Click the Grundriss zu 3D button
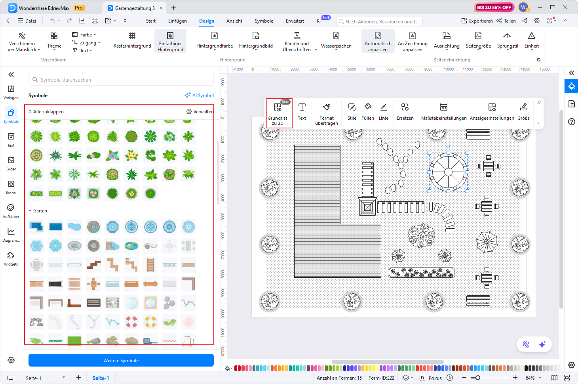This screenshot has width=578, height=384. pos(278,113)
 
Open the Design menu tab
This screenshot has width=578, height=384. pos(207,21)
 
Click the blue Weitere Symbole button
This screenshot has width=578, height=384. pos(121,360)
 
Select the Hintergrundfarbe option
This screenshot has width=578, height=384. pos(215,41)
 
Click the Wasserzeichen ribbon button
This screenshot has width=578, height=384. pos(336,41)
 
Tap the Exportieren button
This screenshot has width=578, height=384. pos(477,21)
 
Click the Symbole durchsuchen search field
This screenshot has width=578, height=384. pos(121,80)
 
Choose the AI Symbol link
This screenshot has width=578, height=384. pos(200,96)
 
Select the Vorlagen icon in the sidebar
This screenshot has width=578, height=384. pos(11,92)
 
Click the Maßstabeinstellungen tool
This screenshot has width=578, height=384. pos(444,112)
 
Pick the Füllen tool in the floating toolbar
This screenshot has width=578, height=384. pos(367,112)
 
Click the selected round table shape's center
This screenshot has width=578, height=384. pos(448,172)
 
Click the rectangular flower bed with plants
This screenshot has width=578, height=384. pos(421,273)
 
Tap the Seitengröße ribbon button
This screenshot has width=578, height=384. pos(478,41)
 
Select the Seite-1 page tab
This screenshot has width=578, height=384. pos(101,378)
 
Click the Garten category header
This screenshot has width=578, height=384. pos(40,211)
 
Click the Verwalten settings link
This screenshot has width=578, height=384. pos(200,112)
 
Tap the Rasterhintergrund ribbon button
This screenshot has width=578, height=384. pos(132,41)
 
